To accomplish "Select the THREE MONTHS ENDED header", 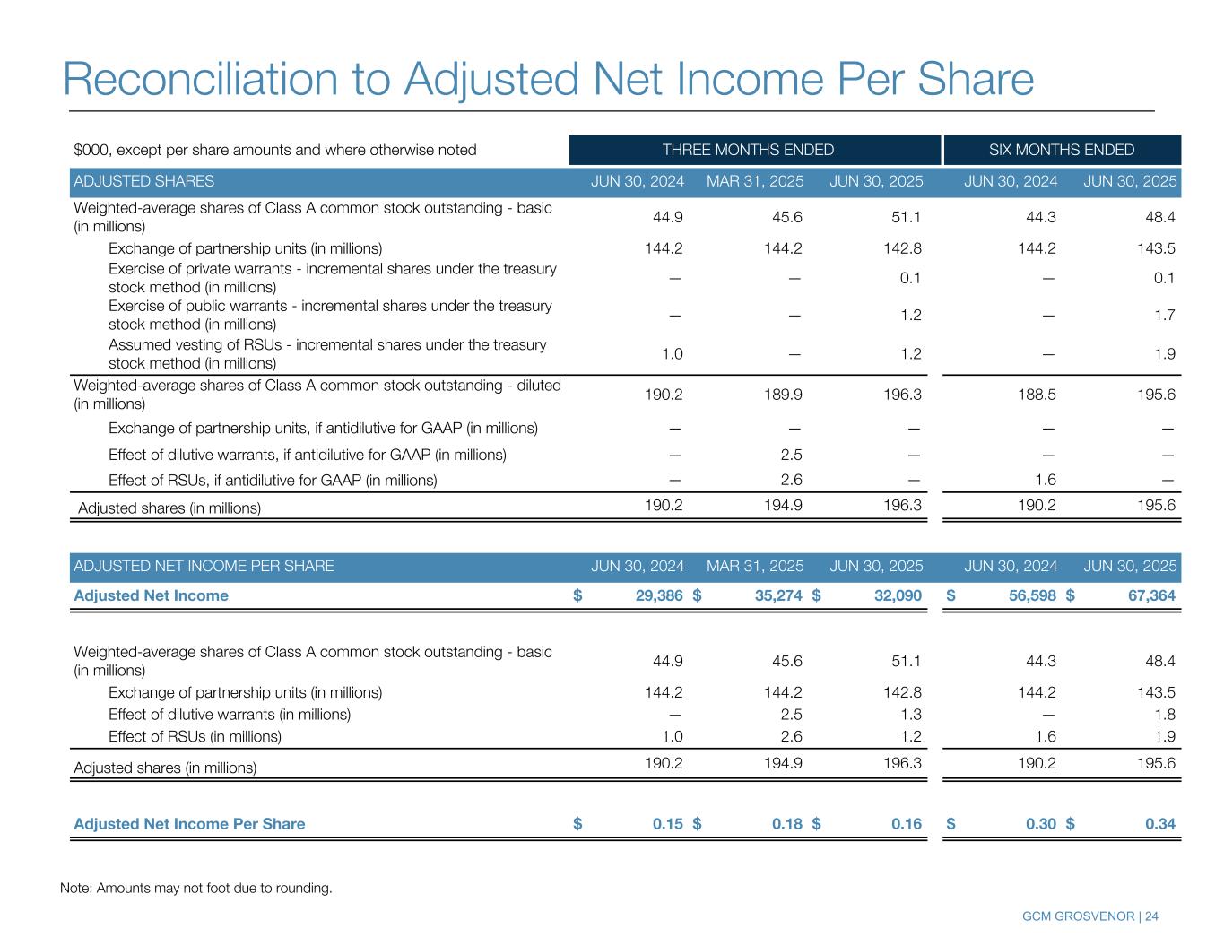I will (x=748, y=150).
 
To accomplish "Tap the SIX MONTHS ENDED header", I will (x=1061, y=150).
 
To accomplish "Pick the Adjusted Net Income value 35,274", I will (x=773, y=595).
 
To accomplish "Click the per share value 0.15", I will (x=668, y=824).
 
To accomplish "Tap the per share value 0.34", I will (x=1160, y=824).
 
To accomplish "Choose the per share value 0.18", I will (x=787, y=824).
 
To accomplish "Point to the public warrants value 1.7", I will (x=1165, y=315).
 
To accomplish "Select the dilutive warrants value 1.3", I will (x=911, y=715).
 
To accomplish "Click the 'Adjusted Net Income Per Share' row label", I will (x=189, y=824).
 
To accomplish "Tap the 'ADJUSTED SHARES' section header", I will (x=143, y=181).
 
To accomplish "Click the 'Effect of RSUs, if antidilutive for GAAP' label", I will (x=273, y=480).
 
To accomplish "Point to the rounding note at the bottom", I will (x=195, y=889).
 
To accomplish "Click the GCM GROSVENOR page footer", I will (x=1089, y=916).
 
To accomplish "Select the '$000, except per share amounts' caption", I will (x=274, y=150).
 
